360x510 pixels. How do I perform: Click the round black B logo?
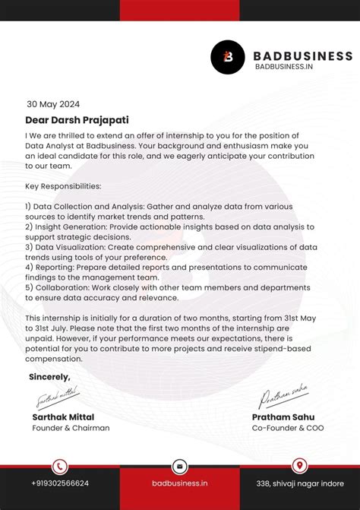(227, 55)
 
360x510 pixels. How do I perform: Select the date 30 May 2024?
(53, 105)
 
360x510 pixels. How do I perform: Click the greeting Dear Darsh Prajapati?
(77, 120)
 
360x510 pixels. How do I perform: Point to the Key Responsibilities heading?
(63, 185)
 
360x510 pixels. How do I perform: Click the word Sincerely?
(49, 377)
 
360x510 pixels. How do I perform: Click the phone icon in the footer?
(60, 467)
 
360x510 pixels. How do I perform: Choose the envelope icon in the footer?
(180, 467)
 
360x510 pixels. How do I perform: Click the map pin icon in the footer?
(299, 466)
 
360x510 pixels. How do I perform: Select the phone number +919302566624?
(60, 483)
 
